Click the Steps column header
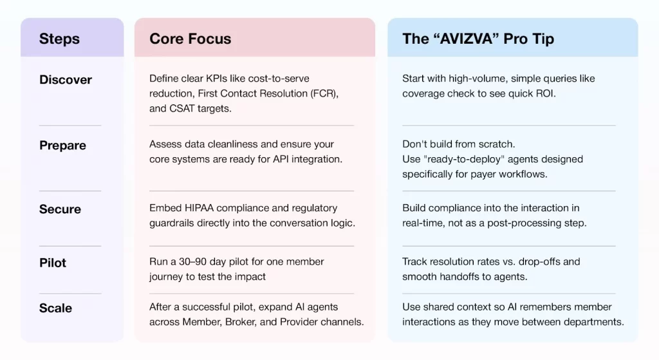click(x=60, y=39)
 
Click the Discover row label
click(x=66, y=80)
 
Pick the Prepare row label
click(x=62, y=146)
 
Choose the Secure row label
click(x=60, y=209)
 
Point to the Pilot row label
click(x=53, y=263)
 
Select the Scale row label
click(x=55, y=308)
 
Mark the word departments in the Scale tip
click(x=593, y=322)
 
